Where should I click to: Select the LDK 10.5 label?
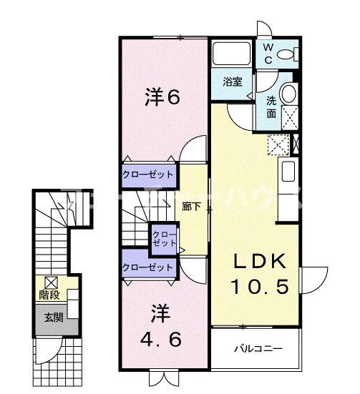coord(260,274)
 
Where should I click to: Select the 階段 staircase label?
coord(49,294)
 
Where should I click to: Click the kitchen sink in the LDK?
coord(288,172)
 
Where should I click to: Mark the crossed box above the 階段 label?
coord(50,281)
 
